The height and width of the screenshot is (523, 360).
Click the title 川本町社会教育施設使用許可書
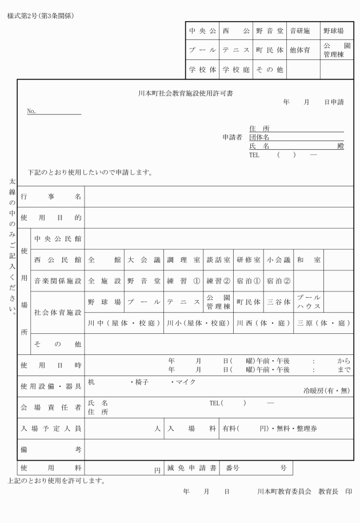[189, 93]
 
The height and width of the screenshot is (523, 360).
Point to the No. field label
[31, 111]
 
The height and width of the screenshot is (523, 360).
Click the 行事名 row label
[51, 197]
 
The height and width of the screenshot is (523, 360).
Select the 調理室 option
[183, 259]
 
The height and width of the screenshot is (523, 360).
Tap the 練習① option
[183, 281]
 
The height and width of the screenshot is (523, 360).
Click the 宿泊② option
[279, 281]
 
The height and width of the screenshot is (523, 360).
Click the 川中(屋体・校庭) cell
[124, 323]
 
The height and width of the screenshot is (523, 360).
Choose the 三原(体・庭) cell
[323, 323]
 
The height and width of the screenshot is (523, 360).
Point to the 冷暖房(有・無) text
[326, 392]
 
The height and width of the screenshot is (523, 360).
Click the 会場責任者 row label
[51, 407]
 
